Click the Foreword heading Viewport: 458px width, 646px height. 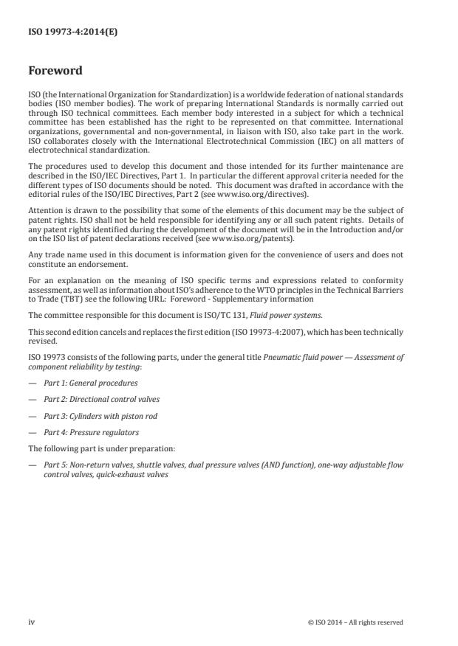coord(55,72)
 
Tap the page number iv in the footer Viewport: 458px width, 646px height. coord(32,622)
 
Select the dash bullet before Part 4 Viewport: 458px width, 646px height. coord(32,432)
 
